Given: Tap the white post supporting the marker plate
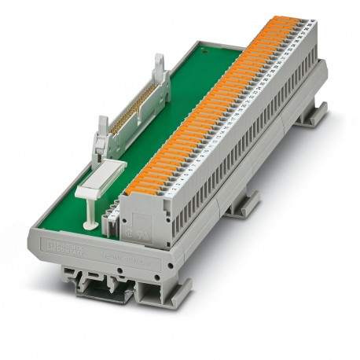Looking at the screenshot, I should click(x=93, y=215).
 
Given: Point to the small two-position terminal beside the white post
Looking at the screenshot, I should click(x=112, y=223).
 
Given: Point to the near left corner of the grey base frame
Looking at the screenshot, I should click(x=35, y=237).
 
